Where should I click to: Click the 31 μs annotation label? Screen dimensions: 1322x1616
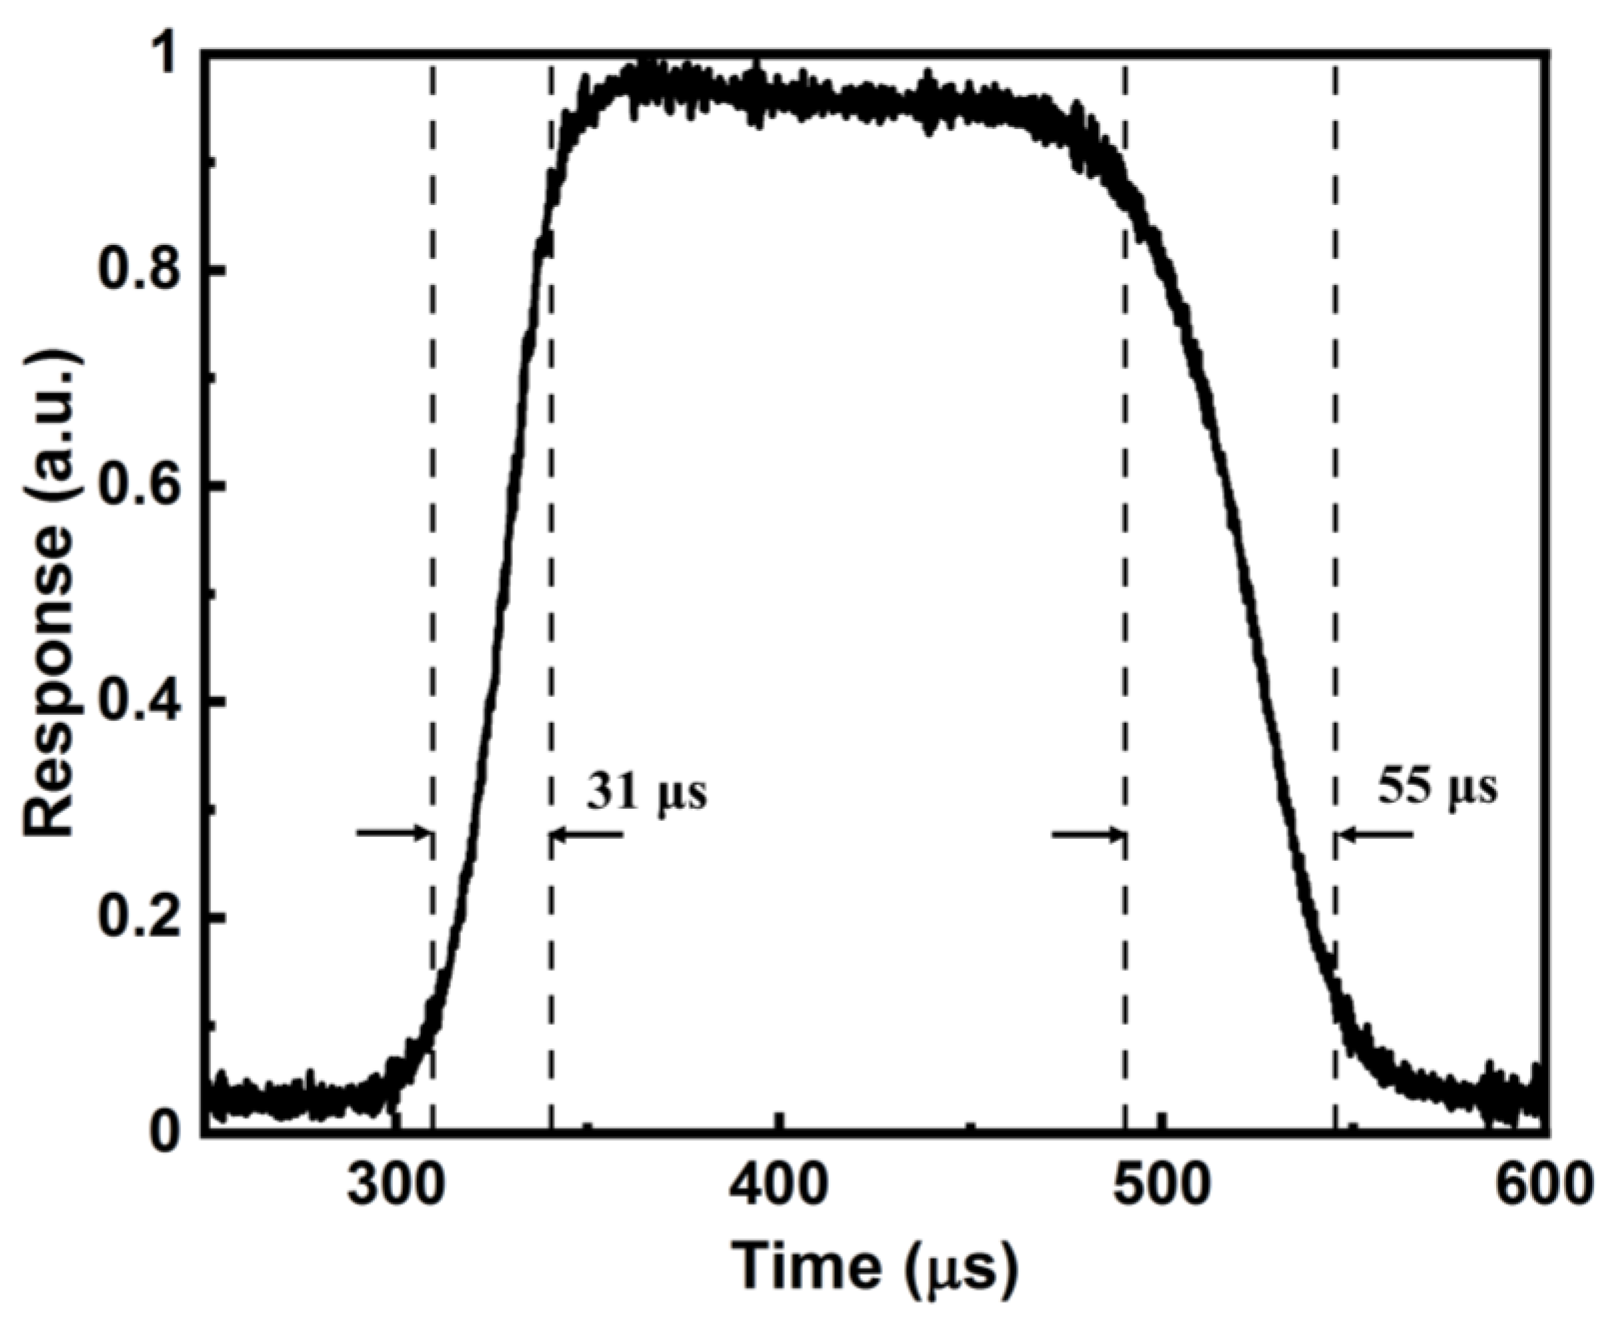pos(646,792)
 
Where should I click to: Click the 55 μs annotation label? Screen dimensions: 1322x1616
pos(1438,788)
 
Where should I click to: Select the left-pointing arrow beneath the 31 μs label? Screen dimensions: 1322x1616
pos(586,835)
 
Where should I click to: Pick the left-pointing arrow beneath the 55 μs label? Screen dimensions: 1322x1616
pos(1374,835)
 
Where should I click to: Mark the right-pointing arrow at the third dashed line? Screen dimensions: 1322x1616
pos(1088,835)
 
